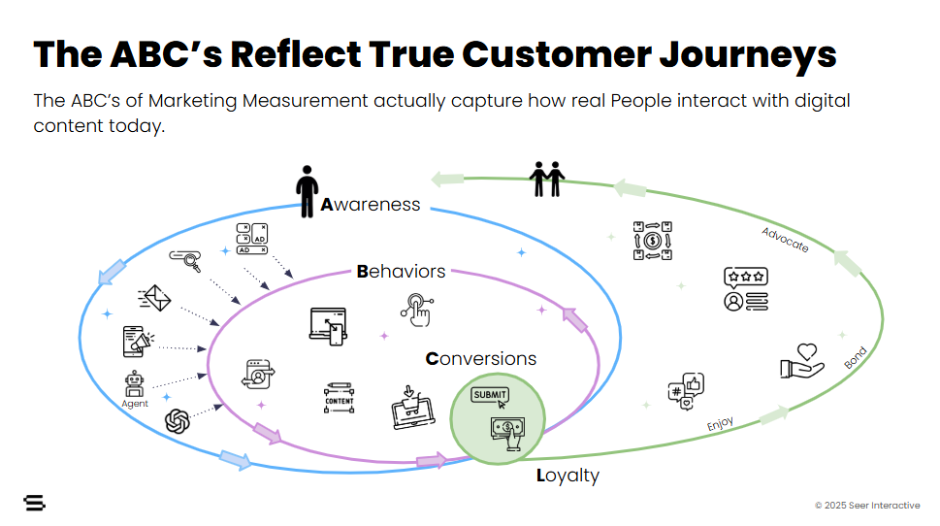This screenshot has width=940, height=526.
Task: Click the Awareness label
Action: pos(371,205)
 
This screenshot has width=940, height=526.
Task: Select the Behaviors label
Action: pos(401,271)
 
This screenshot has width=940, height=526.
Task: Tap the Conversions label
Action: pos(481,358)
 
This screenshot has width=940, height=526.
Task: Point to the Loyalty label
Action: pos(567,476)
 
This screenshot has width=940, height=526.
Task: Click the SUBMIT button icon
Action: pos(490,395)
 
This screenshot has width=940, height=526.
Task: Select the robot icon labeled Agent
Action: pos(135,382)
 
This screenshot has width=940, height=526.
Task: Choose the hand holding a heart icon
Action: pos(802,360)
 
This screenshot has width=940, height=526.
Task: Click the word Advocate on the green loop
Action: pos(785,240)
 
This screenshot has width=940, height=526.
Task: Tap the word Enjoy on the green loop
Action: pos(720,423)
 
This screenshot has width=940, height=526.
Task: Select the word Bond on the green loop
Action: pos(855,358)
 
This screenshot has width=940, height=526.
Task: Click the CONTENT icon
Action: pos(339,397)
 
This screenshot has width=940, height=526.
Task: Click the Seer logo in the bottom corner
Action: pos(35,503)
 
